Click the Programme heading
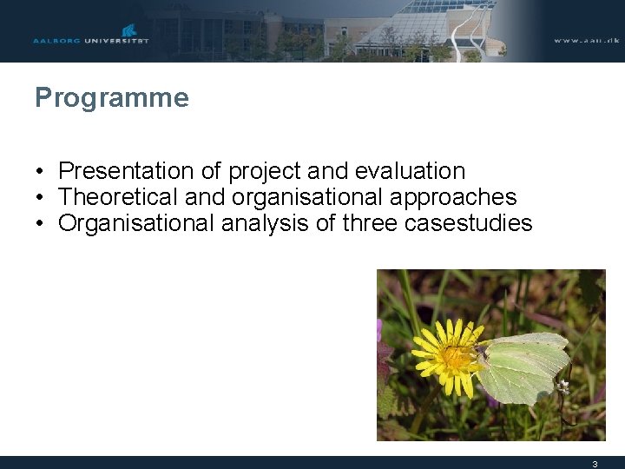(x=111, y=98)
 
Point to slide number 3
(x=595, y=464)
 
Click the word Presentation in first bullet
(x=125, y=171)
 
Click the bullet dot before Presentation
(x=41, y=172)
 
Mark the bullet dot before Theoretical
(x=41, y=198)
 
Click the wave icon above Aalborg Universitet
(x=129, y=31)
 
